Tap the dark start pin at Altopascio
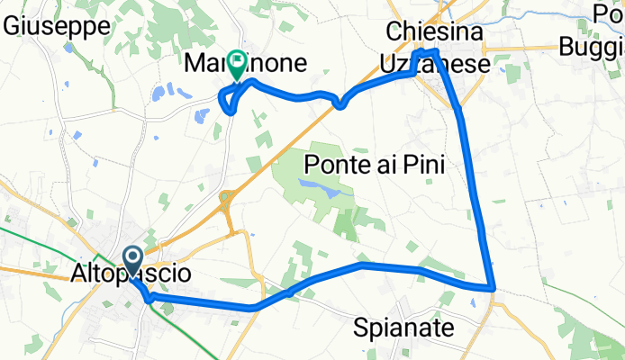[x=132, y=261]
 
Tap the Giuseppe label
[x=57, y=25]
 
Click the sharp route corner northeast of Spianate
[x=493, y=288]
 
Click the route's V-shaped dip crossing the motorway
[x=340, y=104]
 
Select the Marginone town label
[x=245, y=64]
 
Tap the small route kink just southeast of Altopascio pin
[x=148, y=299]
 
